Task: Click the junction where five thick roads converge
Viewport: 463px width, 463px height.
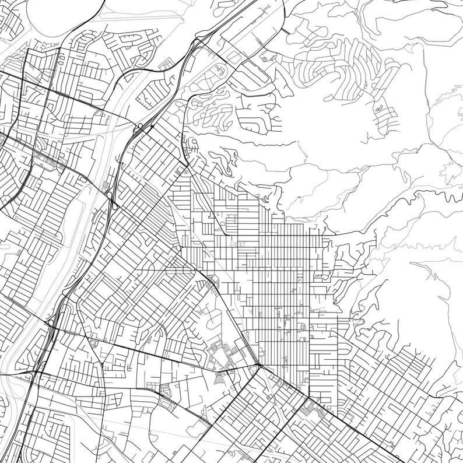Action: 257,366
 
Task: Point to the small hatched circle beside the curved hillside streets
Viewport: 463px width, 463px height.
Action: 266,58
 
